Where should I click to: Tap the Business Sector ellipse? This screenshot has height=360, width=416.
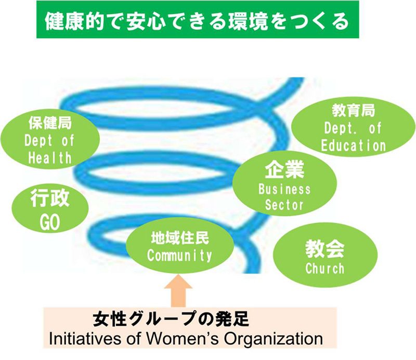pyautogui.click(x=284, y=186)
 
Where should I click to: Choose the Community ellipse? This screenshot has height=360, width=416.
pyautogui.click(x=179, y=247)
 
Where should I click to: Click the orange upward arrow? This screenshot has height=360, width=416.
pyautogui.click(x=178, y=293)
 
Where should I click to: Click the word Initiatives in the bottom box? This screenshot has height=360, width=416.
pyautogui.click(x=79, y=339)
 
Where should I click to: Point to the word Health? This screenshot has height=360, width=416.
pyautogui.click(x=50, y=157)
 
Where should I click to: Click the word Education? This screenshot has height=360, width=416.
pyautogui.click(x=353, y=145)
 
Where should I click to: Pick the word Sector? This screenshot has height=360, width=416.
pyautogui.click(x=284, y=204)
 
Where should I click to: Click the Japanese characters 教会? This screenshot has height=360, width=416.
pyautogui.click(x=324, y=248)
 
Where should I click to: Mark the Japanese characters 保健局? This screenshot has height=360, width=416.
pyautogui.click(x=50, y=124)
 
